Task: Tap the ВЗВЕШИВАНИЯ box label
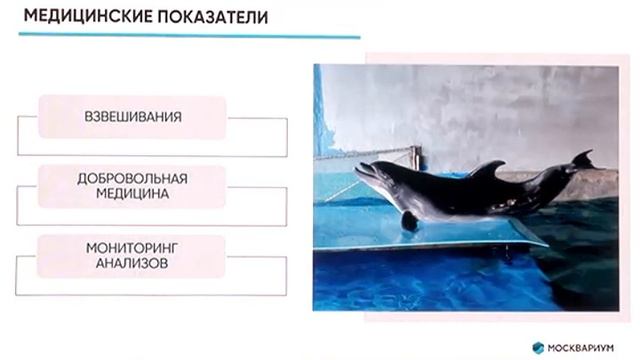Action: [133, 116]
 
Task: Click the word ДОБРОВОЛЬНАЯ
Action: [132, 178]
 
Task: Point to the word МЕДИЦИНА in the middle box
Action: [133, 194]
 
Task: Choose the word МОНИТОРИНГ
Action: [132, 246]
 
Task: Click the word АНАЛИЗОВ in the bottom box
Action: [132, 262]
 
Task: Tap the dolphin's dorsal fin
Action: [487, 170]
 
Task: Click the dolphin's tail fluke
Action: [582, 159]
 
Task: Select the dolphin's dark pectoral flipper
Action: [409, 219]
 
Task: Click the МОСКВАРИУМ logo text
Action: [583, 346]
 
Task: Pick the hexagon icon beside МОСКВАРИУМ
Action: [536, 346]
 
